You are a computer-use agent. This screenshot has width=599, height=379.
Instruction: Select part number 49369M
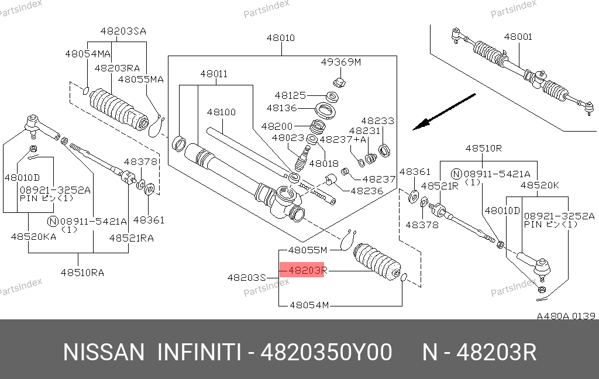pyautogui.click(x=341, y=62)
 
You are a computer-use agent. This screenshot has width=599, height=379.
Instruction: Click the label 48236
pyautogui.click(x=367, y=191)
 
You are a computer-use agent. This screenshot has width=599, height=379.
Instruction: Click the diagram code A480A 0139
pyautogui.click(x=566, y=316)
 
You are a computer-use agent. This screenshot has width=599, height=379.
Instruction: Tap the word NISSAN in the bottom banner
pyautogui.click(x=104, y=353)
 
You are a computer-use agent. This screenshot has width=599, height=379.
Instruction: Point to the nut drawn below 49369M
pyautogui.click(x=338, y=80)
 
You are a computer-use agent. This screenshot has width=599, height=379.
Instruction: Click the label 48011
pyautogui.click(x=214, y=74)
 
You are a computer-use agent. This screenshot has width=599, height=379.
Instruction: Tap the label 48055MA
pyautogui.click(x=140, y=79)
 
